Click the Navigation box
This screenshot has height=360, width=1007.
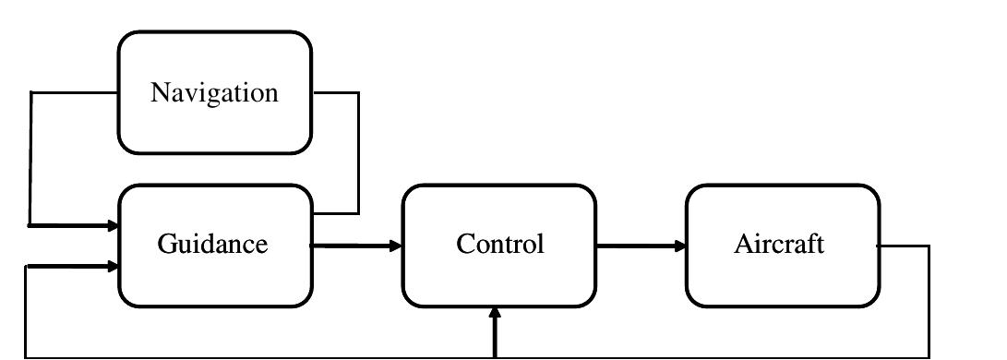tap(214, 92)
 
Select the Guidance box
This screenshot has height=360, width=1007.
tap(214, 246)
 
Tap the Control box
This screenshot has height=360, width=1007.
tap(498, 246)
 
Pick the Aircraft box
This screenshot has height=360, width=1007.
tap(782, 246)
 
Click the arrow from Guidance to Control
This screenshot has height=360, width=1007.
tap(355, 246)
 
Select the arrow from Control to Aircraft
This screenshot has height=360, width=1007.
tap(640, 246)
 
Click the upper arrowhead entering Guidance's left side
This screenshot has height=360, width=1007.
tap(113, 225)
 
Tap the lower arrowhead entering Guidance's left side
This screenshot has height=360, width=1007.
tap(113, 267)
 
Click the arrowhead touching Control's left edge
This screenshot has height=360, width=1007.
tap(396, 246)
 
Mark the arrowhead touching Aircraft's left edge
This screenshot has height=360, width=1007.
tap(680, 246)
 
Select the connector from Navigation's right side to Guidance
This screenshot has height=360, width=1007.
tap(357, 152)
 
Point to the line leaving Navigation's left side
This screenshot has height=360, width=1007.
tap(30, 157)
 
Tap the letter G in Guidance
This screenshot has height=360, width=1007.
tap(166, 245)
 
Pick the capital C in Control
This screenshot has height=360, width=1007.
tap(465, 245)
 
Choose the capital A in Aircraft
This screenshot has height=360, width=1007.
tap(744, 245)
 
